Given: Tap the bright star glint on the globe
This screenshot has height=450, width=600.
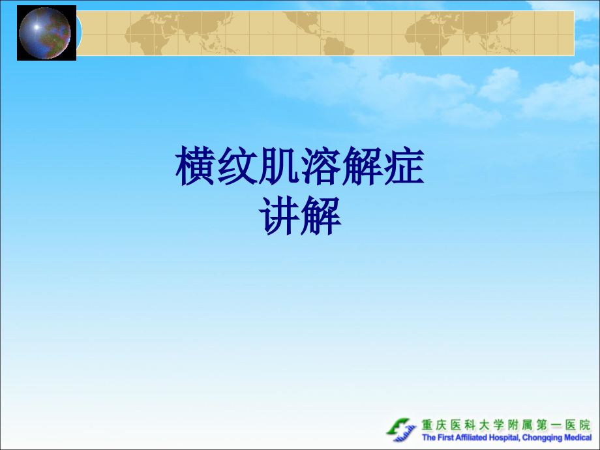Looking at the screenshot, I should tap(36, 26).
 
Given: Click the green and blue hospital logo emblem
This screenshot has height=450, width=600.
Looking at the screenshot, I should tap(401, 429).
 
